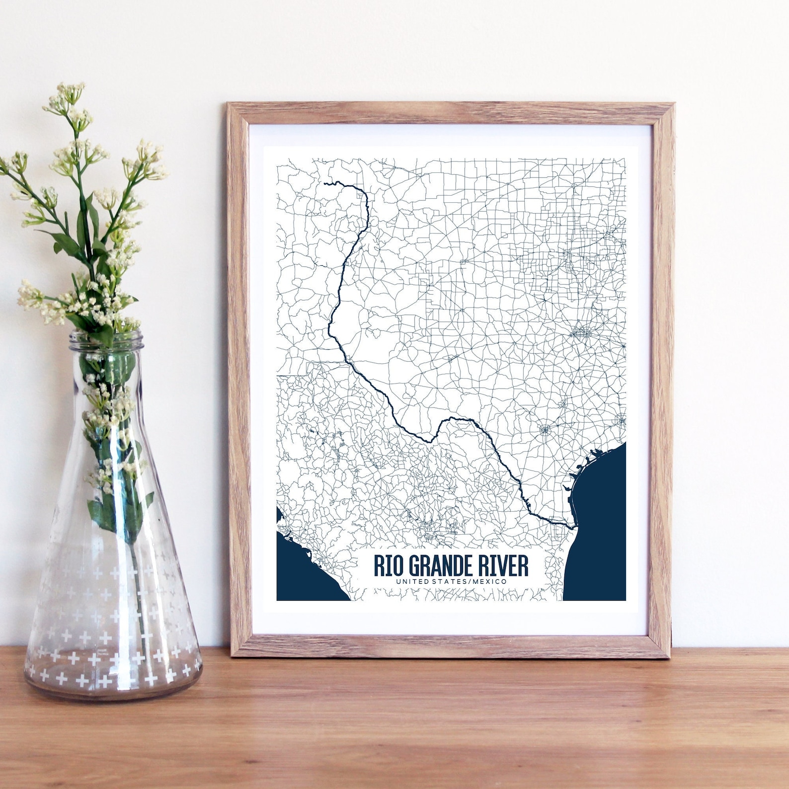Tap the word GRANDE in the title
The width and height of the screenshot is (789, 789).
click(x=441, y=566)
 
